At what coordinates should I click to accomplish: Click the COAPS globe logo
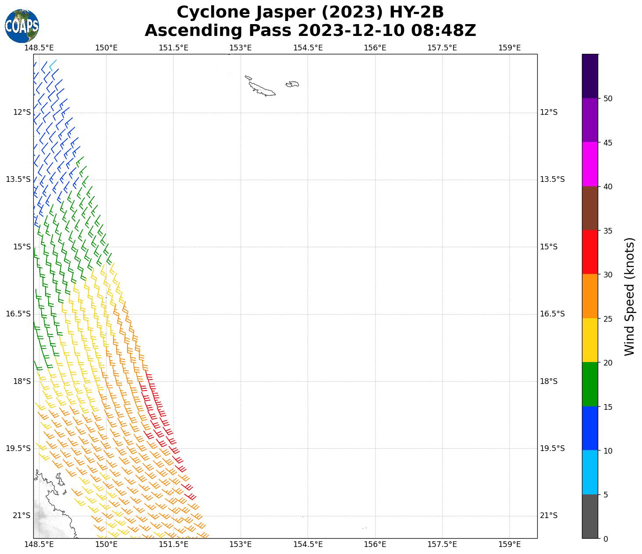(22, 26)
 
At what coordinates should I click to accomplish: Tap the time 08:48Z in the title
(443, 31)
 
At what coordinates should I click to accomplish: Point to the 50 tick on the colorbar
(607, 99)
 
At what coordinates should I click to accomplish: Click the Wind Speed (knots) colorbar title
(629, 297)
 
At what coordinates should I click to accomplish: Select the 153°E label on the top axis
(241, 48)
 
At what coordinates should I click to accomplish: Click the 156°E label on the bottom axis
(375, 544)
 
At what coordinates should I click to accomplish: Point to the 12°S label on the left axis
(22, 112)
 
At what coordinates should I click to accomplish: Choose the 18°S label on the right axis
(548, 381)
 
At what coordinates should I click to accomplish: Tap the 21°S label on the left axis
(22, 515)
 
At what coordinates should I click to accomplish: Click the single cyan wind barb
(53, 65)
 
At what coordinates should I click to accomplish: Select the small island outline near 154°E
(292, 84)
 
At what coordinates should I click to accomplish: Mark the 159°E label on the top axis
(509, 48)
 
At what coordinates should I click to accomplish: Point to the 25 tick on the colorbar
(607, 319)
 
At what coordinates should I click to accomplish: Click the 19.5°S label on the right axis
(552, 448)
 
